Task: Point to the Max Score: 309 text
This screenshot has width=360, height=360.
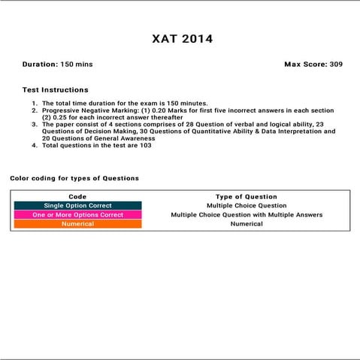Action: tap(313, 65)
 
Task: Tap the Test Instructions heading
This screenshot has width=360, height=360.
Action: tap(55, 90)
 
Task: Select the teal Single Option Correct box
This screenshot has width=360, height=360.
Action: tap(77, 205)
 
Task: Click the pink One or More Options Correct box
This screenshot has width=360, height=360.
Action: tap(77, 215)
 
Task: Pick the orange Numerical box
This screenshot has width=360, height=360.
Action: tap(77, 224)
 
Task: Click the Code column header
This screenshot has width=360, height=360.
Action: tap(77, 196)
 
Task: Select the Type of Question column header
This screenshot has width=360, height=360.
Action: tap(246, 196)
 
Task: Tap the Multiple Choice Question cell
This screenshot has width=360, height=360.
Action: tap(246, 205)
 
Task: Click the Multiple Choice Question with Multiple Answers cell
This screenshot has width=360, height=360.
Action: tap(246, 215)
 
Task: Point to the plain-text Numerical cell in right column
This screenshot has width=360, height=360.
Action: tap(246, 224)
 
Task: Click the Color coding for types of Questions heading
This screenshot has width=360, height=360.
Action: tap(74, 178)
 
